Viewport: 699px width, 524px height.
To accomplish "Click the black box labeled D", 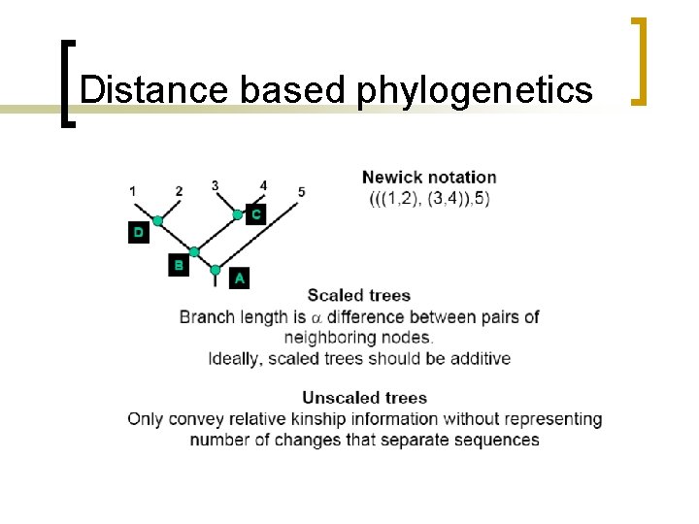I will (x=139, y=233).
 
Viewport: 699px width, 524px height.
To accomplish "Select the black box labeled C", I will (x=255, y=213).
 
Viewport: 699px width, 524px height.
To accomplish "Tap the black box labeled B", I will (x=178, y=264).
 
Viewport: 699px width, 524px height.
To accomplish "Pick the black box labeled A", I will (x=239, y=278).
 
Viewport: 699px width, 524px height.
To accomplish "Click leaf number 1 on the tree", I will (x=132, y=191).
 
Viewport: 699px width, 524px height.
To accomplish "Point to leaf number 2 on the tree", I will (x=179, y=191).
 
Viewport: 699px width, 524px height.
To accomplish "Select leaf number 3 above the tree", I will (x=215, y=185).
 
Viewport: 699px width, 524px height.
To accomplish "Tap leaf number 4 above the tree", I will (x=263, y=185).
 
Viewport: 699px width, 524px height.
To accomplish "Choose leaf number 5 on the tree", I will (x=302, y=191).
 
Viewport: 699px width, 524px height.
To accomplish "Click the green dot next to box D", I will (x=157, y=221).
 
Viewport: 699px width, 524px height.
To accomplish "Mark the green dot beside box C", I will (x=238, y=213).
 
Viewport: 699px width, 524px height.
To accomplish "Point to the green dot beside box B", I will (x=194, y=252).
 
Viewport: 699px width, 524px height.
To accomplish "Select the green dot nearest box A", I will (x=216, y=271).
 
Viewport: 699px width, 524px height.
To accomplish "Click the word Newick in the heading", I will (x=391, y=178).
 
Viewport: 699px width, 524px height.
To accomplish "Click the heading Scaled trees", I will (x=359, y=295).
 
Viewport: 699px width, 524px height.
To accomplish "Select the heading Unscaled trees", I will (x=364, y=397).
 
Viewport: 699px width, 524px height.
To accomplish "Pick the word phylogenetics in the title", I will (x=474, y=90).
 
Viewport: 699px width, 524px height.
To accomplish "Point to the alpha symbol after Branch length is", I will (x=316, y=317).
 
